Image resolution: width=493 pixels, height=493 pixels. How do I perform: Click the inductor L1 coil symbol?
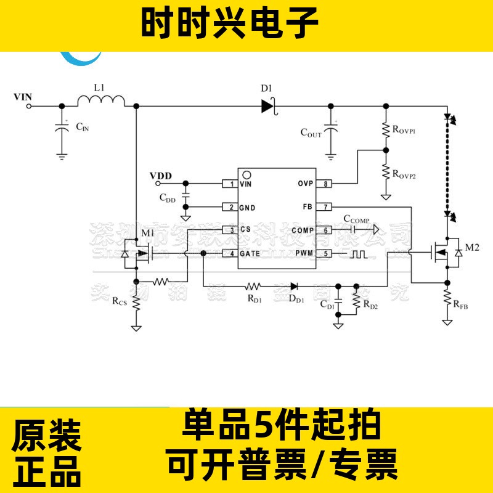click(101, 100)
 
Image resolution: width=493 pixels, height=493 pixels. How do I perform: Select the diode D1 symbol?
click(267, 105)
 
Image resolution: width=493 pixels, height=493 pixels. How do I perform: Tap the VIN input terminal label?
click(22, 97)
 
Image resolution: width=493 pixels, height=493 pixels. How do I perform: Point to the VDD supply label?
click(161, 176)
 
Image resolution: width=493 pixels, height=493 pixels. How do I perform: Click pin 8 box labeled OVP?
click(325, 184)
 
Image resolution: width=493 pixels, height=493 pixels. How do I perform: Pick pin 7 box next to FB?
click(325, 207)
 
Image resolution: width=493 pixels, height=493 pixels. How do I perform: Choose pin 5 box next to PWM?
click(325, 253)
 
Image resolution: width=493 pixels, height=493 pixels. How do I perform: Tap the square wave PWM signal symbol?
click(358, 253)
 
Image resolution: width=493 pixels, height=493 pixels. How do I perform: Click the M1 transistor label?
click(149, 233)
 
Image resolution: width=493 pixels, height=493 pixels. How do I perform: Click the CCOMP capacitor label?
click(356, 219)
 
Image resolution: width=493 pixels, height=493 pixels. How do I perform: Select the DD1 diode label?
click(296, 299)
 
